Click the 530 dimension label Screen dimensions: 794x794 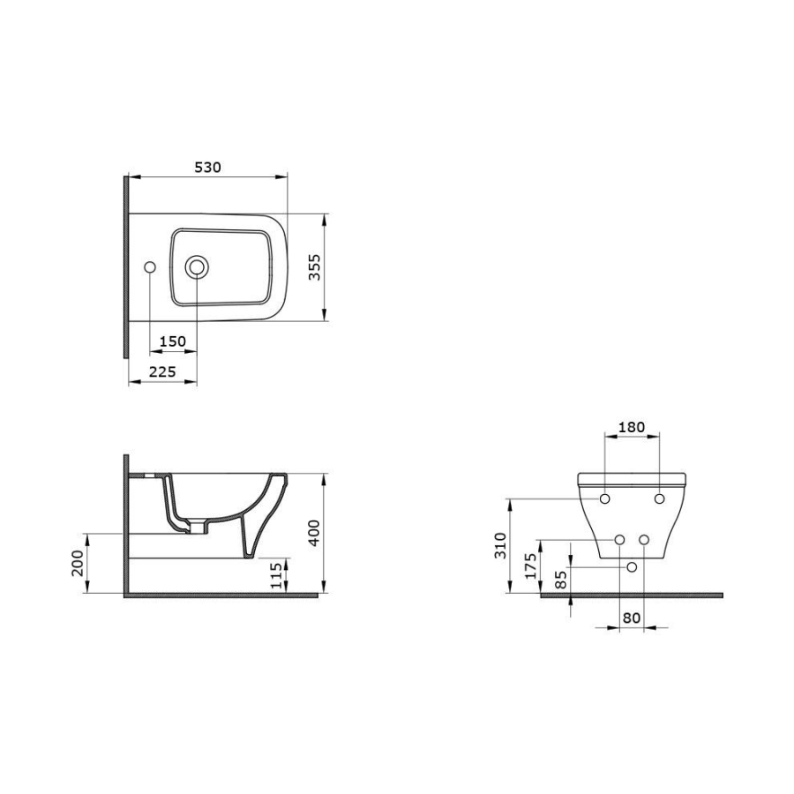pos(207,167)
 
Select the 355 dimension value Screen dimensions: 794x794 pos(314,267)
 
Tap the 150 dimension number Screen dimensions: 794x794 pos(173,341)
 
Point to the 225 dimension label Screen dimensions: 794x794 pos(162,372)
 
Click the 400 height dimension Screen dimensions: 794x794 pos(314,532)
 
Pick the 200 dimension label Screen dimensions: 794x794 pos(78,563)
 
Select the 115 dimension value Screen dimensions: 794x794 pos(276,575)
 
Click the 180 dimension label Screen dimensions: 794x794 pos(632,427)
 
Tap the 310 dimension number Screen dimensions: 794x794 pos(500,545)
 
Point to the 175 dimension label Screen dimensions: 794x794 pos(530,566)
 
